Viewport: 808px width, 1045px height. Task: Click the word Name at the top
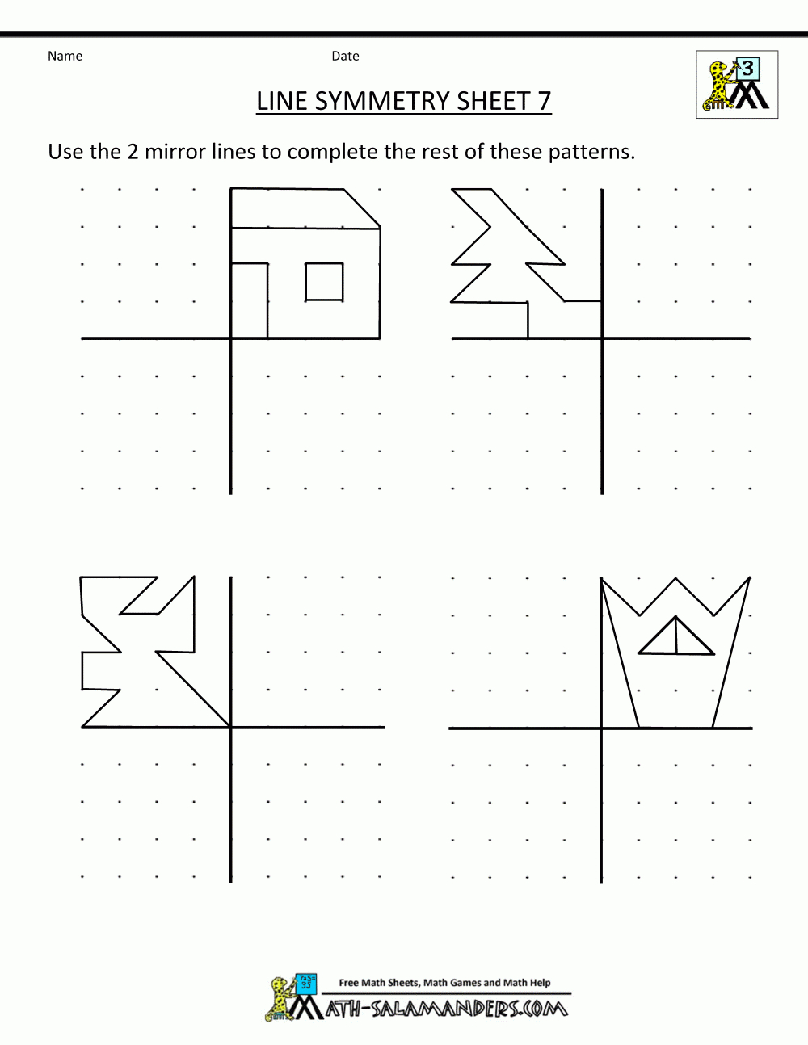[x=65, y=57]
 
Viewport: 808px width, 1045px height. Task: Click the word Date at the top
[x=345, y=57]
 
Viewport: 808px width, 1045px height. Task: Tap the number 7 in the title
[x=544, y=101]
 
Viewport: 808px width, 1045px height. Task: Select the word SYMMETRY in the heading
[x=382, y=101]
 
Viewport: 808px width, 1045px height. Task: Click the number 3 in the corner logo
[x=748, y=69]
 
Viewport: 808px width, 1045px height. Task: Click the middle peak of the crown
[x=676, y=578]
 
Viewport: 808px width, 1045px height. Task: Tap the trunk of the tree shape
[x=565, y=320]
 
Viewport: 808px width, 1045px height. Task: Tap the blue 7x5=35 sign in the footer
[x=306, y=981]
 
